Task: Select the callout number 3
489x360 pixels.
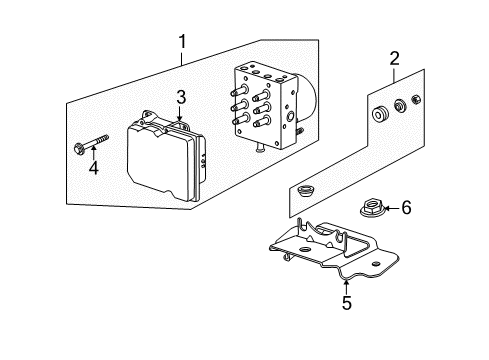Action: point(181,97)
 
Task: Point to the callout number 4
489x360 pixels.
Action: point(94,168)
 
